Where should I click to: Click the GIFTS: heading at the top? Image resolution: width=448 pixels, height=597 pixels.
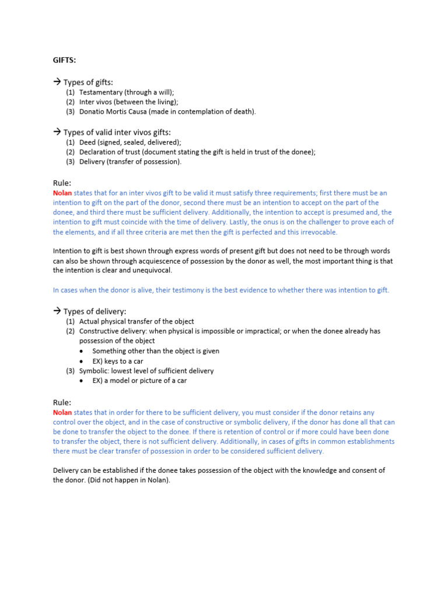point(64,59)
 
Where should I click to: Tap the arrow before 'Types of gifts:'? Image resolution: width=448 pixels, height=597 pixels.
point(57,82)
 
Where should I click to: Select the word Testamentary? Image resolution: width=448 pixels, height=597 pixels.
point(101,92)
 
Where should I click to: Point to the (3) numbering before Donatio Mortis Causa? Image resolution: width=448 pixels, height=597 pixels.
point(70,111)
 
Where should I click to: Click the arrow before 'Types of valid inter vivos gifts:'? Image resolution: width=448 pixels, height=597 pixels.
point(57,132)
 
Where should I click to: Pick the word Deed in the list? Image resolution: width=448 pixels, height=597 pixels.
point(87,142)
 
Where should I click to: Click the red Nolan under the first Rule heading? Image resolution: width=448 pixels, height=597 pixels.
point(62,193)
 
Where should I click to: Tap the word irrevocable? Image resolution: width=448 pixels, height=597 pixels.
point(317,232)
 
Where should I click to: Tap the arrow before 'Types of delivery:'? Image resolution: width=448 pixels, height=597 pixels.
point(57,311)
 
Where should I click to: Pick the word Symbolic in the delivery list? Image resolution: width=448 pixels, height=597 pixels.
point(94,371)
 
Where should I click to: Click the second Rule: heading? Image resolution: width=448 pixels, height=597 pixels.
point(62,402)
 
